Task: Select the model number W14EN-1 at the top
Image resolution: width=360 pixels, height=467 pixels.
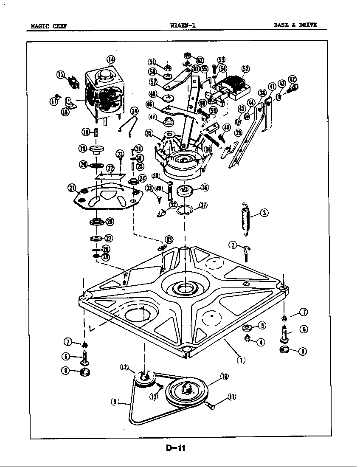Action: tap(182, 25)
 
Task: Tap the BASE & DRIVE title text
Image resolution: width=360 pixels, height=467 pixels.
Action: tap(295, 25)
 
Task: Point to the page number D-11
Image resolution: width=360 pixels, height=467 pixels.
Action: tap(176, 447)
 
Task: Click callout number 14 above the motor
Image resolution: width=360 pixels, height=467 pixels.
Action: tap(111, 59)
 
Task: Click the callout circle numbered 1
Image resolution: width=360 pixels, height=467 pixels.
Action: tap(241, 361)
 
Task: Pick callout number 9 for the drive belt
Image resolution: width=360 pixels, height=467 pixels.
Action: tap(115, 401)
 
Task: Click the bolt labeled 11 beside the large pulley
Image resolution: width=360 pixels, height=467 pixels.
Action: tap(210, 406)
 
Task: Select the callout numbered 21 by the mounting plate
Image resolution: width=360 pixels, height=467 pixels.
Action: tap(71, 188)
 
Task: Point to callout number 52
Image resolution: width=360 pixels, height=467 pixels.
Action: tap(245, 69)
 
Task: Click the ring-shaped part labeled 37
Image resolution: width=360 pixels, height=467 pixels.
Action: tap(185, 209)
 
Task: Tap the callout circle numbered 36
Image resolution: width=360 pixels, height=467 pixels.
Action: tap(205, 188)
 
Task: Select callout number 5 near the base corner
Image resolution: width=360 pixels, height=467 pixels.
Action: tap(262, 326)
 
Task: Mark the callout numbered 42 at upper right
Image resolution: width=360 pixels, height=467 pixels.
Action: tap(292, 79)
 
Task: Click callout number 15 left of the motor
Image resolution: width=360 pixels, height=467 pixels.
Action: tap(60, 75)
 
